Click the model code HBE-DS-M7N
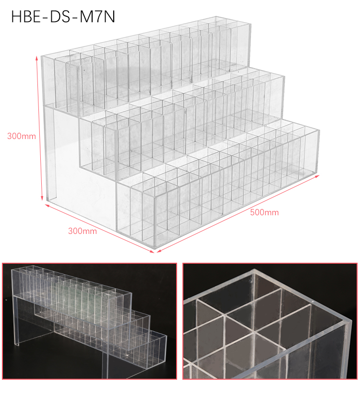[x=63, y=17]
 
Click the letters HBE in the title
[x=26, y=17]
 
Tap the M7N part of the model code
[x=97, y=17]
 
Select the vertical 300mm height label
[x=22, y=136]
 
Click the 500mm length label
[x=264, y=212]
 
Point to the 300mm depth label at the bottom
[x=83, y=231]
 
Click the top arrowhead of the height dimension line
[x=37, y=58]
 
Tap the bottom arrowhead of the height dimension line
[x=42, y=198]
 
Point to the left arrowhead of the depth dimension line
[x=47, y=206]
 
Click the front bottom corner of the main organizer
[x=155, y=246]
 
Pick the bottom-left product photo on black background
[x=89, y=321]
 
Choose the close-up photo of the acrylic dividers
[x=270, y=321]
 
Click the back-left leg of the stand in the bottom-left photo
[x=16, y=321]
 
